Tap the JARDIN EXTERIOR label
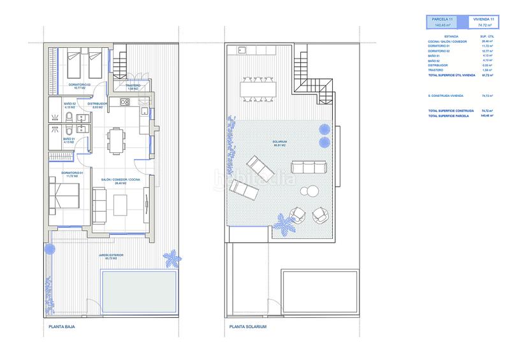click(x=111, y=256)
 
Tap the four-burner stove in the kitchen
click(x=125, y=102)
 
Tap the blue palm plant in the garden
click(x=170, y=258)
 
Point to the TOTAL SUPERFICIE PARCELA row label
click(x=449, y=117)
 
